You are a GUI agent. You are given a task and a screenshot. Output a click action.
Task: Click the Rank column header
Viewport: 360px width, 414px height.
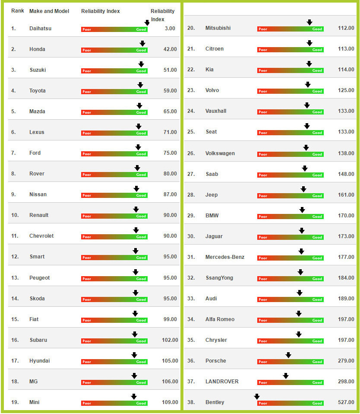pos(18,11)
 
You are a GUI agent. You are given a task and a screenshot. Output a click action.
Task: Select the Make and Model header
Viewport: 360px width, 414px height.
pos(49,11)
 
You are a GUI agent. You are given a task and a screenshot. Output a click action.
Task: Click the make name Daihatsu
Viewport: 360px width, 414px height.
pos(41,29)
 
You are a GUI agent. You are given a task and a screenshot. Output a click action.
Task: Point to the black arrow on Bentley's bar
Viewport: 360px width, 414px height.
pos(257,397)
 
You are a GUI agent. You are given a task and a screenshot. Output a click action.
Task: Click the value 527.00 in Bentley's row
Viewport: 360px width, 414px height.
pos(346,402)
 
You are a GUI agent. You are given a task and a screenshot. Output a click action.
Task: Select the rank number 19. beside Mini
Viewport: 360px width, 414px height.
pos(15,402)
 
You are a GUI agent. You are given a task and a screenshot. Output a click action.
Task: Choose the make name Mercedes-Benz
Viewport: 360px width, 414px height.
pos(225,257)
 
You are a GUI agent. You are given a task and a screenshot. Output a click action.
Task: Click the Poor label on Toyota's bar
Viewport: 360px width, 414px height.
pos(87,92)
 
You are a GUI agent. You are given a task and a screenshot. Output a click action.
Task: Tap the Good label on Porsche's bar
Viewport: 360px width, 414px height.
pos(317,362)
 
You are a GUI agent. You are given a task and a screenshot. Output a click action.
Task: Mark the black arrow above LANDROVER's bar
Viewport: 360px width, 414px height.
pos(286,376)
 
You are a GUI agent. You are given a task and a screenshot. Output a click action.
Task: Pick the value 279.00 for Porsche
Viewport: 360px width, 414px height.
pos(346,361)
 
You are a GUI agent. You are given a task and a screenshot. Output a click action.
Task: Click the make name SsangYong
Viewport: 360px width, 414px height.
pos(219,278)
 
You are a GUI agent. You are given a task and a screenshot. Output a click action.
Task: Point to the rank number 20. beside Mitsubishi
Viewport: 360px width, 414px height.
pos(191,28)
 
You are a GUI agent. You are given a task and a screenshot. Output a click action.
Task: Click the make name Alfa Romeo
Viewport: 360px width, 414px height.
pos(220,319)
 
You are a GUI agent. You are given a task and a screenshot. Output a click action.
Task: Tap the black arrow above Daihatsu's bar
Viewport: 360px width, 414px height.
pos(147,23)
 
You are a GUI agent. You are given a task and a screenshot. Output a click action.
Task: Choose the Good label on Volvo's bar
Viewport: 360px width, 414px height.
pos(317,91)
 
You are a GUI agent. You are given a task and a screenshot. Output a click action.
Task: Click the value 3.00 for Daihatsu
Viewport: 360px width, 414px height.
pos(170,29)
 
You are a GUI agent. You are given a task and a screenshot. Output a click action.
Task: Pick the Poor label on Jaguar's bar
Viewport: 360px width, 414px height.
pos(263,237)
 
